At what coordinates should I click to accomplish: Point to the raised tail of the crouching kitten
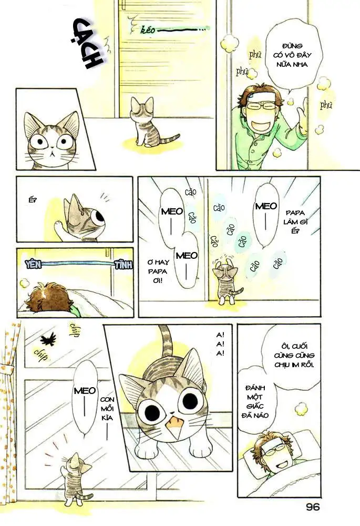[167, 342]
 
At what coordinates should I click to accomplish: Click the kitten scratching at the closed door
[228, 284]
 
